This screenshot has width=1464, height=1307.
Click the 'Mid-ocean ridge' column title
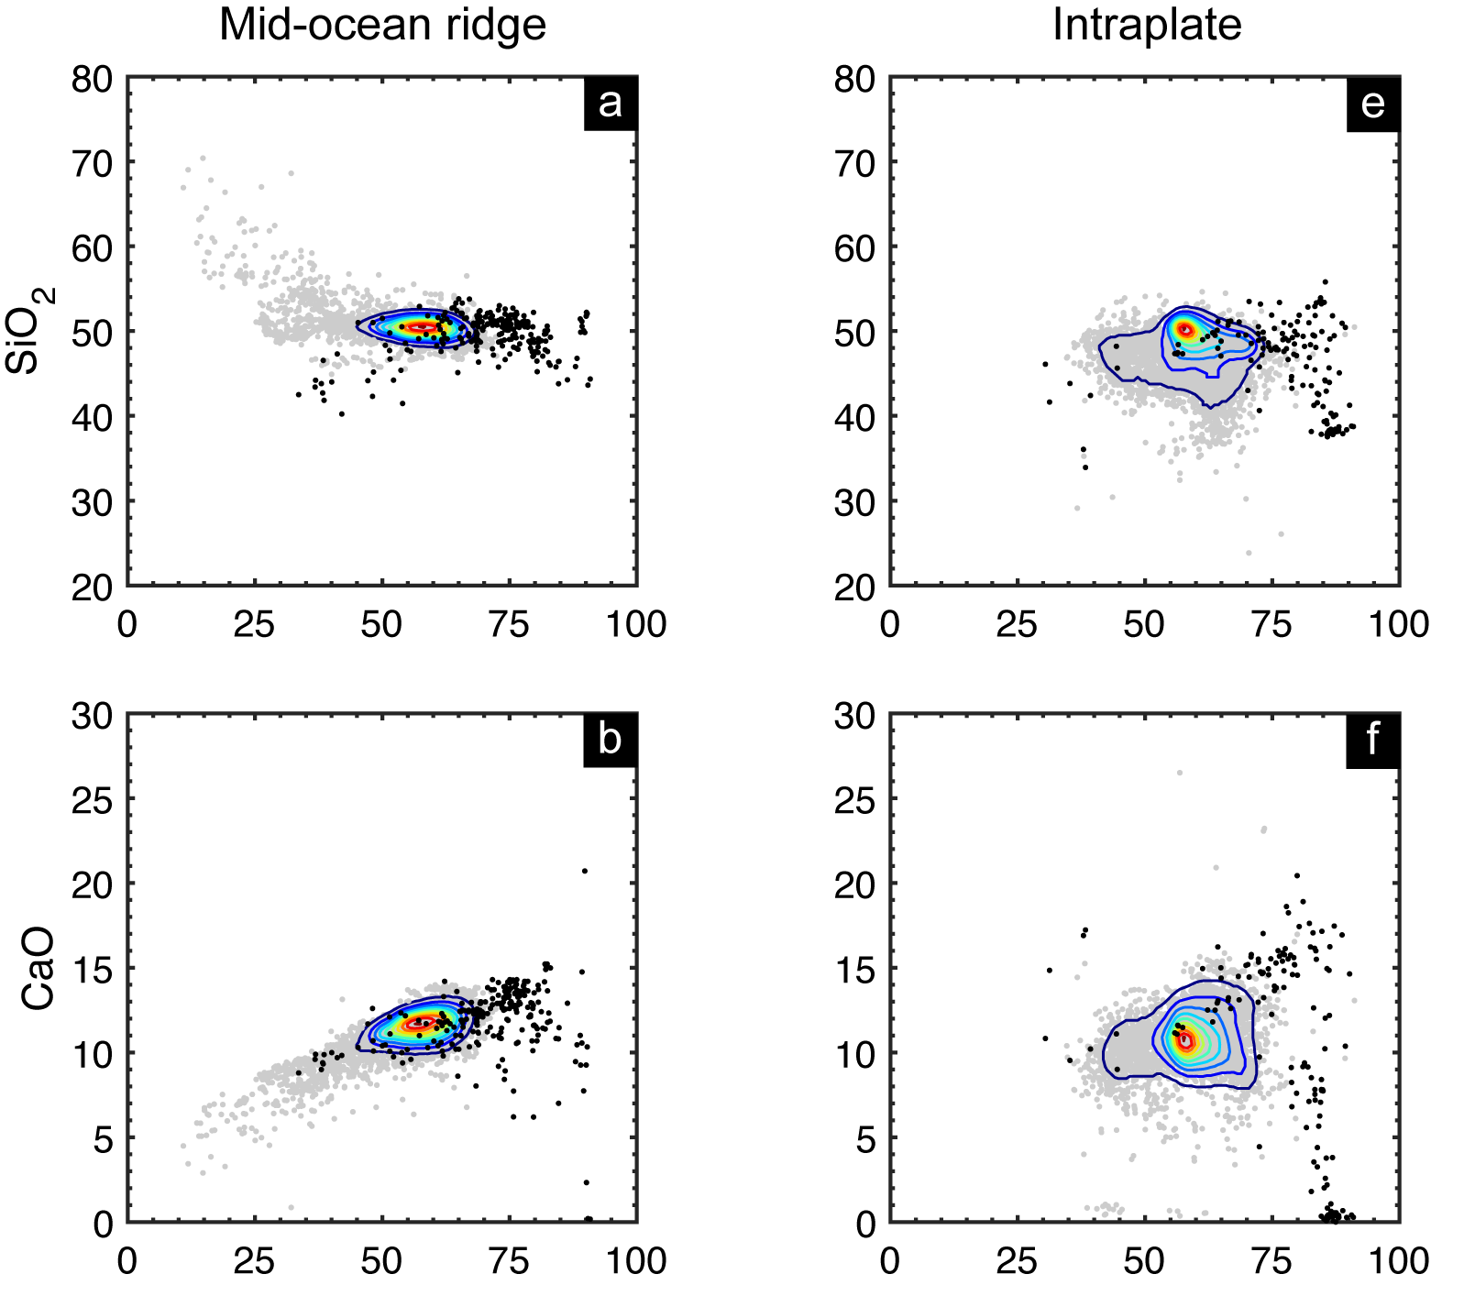point(382,26)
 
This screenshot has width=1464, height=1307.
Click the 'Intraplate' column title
point(1146,26)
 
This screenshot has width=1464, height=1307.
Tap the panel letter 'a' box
point(610,104)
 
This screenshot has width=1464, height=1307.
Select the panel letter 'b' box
point(610,740)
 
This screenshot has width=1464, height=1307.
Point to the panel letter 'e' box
point(1372,104)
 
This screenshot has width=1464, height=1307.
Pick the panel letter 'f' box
point(1372,740)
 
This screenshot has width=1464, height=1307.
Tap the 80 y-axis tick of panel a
point(92,79)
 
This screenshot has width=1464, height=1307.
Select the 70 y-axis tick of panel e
point(854,164)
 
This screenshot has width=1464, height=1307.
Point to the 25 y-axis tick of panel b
point(92,800)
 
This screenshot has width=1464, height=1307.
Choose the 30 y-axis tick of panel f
point(854,716)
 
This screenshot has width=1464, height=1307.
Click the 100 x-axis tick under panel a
point(636,624)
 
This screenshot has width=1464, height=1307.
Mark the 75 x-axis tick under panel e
point(1271,624)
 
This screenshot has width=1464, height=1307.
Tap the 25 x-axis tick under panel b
point(254,1261)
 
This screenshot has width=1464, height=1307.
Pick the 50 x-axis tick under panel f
point(1144,1261)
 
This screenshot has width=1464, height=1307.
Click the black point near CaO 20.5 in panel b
point(585,871)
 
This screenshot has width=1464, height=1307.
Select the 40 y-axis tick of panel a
point(92,418)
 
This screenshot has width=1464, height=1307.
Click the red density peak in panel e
point(1184,328)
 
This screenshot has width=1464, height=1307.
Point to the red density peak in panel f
point(1186,1040)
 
